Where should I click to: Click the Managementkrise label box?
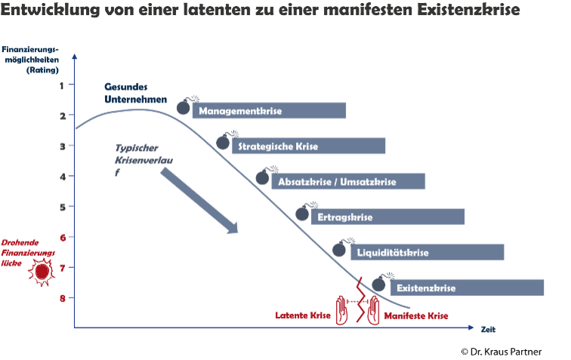(269, 111)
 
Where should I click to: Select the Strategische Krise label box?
(308, 146)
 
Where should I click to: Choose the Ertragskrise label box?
(388, 217)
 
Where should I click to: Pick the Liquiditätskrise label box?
(427, 252)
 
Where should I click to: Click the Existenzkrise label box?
(468, 288)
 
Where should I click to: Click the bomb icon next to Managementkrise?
(184, 106)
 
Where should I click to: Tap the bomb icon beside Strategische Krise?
(223, 141)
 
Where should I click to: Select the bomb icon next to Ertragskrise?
(303, 212)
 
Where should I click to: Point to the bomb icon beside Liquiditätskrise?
(339, 248)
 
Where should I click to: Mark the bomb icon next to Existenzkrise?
(379, 283)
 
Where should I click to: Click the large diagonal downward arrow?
(199, 200)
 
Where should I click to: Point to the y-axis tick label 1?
(61, 85)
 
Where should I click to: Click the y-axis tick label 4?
(61, 176)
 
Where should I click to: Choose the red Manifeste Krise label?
(416, 315)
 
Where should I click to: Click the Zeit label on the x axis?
(489, 329)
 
